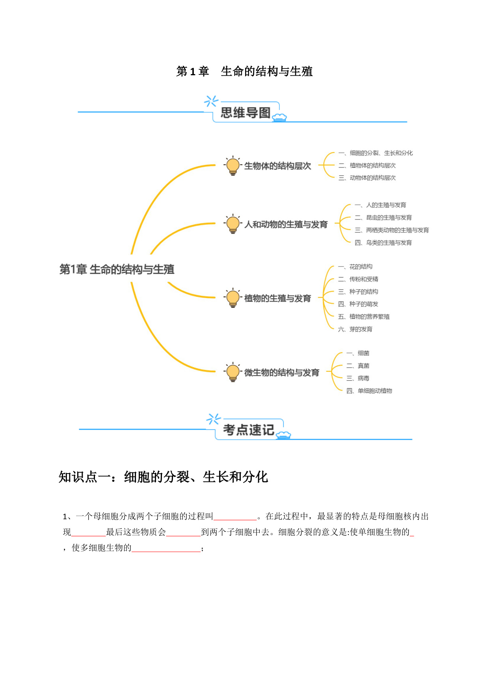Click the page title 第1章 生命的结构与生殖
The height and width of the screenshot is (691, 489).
(x=244, y=71)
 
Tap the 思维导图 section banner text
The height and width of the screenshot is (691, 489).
(x=245, y=113)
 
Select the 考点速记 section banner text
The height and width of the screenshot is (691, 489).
(x=248, y=430)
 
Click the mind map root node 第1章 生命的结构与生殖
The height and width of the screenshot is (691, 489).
(x=117, y=269)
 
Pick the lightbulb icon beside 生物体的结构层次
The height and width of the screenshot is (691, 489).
(x=233, y=165)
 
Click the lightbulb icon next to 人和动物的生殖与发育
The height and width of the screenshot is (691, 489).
(x=233, y=224)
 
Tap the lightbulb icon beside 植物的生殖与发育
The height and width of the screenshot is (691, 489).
(x=233, y=298)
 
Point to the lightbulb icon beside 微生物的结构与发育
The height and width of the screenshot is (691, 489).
(x=233, y=372)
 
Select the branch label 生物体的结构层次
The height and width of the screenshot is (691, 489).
(x=277, y=166)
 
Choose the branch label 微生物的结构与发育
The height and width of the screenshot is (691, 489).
(x=282, y=372)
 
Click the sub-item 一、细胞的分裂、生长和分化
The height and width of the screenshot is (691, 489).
(x=376, y=153)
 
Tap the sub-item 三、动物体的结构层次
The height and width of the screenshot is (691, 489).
(x=367, y=178)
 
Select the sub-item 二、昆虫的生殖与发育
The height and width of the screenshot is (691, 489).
(x=383, y=217)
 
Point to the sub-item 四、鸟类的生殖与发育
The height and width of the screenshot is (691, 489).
(x=383, y=243)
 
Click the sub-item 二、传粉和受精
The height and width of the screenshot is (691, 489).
(x=358, y=279)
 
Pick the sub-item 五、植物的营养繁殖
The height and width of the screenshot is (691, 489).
(x=364, y=316)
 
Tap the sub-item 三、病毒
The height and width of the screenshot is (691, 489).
(x=358, y=378)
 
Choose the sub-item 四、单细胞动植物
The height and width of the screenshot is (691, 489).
(x=369, y=391)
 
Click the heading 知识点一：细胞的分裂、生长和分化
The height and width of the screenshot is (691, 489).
(x=164, y=477)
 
